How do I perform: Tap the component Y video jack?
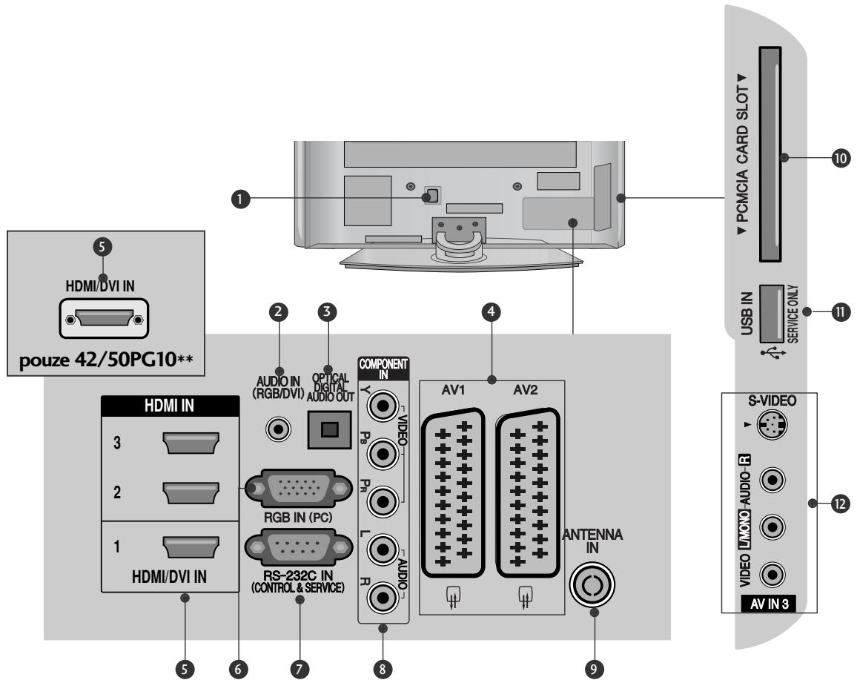pyautogui.click(x=384, y=406)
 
